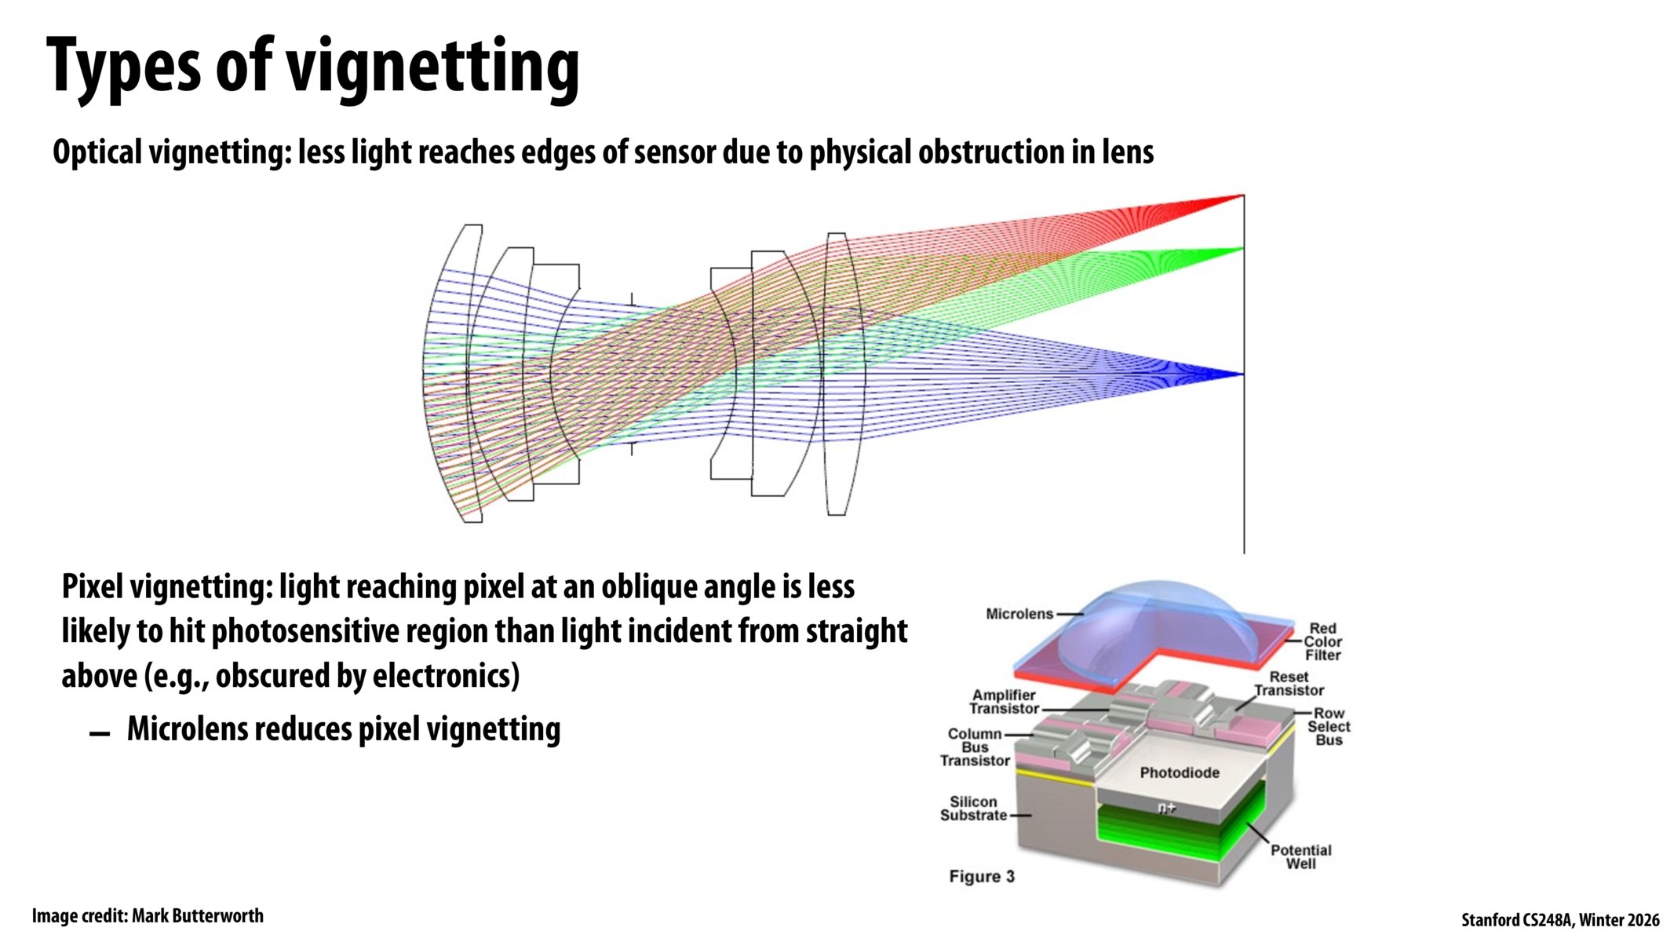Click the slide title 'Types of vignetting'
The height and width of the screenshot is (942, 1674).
coord(312,68)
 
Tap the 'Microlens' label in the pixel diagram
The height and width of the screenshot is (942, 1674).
coord(1019,614)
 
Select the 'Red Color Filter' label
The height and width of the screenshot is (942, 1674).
coord(1322,641)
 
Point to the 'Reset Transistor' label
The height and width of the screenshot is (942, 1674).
coord(1289,684)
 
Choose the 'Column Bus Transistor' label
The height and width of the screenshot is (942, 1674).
coord(975,747)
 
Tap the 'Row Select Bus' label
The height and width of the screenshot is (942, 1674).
coord(1329,727)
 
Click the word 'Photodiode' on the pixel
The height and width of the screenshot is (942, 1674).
coord(1179,772)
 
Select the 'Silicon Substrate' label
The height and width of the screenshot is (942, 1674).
coord(973,809)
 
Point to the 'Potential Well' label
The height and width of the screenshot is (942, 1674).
coord(1300,856)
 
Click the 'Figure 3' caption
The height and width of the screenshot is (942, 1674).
coord(981,877)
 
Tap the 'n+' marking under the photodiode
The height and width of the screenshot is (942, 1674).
coord(1167,808)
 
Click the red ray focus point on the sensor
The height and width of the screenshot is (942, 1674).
coord(1241,195)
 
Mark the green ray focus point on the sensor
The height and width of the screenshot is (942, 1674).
coord(1242,250)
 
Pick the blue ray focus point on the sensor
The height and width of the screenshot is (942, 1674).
coord(1242,374)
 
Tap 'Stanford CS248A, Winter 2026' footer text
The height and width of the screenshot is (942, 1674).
coord(1559,920)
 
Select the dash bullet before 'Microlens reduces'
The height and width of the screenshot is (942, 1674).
coord(100,734)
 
